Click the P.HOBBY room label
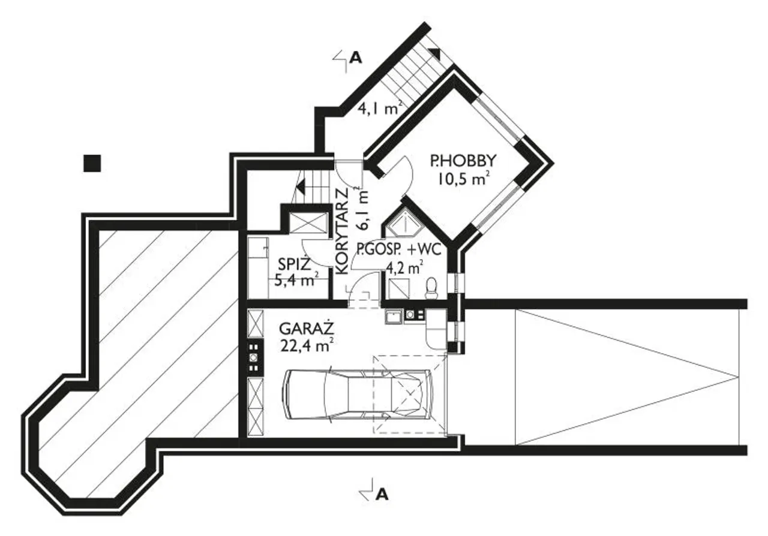click(463, 161)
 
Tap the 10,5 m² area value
click(463, 179)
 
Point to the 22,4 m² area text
click(307, 346)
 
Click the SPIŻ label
click(295, 264)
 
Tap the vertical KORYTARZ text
click(342, 231)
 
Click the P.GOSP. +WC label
click(399, 249)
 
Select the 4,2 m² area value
click(404, 267)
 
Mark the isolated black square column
click(92, 163)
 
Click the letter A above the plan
click(356, 58)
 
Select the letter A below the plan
click(382, 495)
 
